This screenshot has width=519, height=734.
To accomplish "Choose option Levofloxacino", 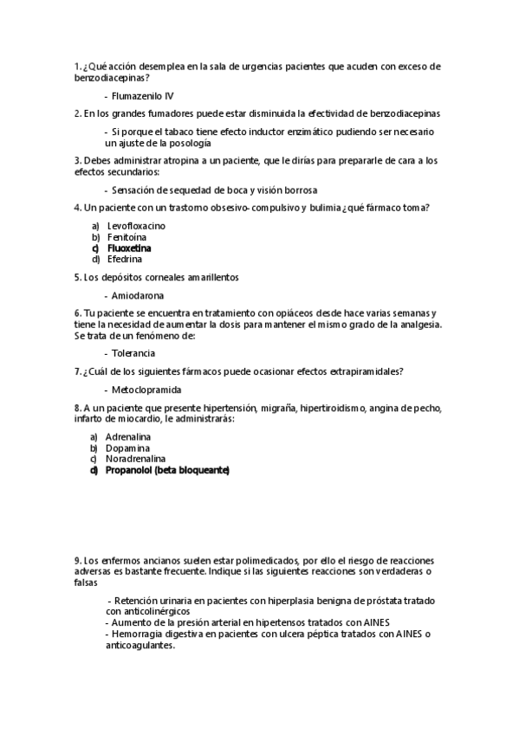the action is tap(136, 226).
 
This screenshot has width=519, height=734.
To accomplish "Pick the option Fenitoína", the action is tap(127, 236).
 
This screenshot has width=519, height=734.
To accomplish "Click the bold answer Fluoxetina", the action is tap(129, 248).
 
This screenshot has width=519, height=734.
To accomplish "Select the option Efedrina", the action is tap(126, 258).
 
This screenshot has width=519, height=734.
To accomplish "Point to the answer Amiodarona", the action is tap(140, 295).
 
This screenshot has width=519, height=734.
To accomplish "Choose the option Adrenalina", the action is tap(128, 437).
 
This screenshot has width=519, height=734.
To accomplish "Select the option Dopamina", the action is tap(127, 448).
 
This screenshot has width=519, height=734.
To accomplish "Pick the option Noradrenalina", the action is tap(134, 459).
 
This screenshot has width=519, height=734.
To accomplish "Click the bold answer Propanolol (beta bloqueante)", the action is tap(167, 470).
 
